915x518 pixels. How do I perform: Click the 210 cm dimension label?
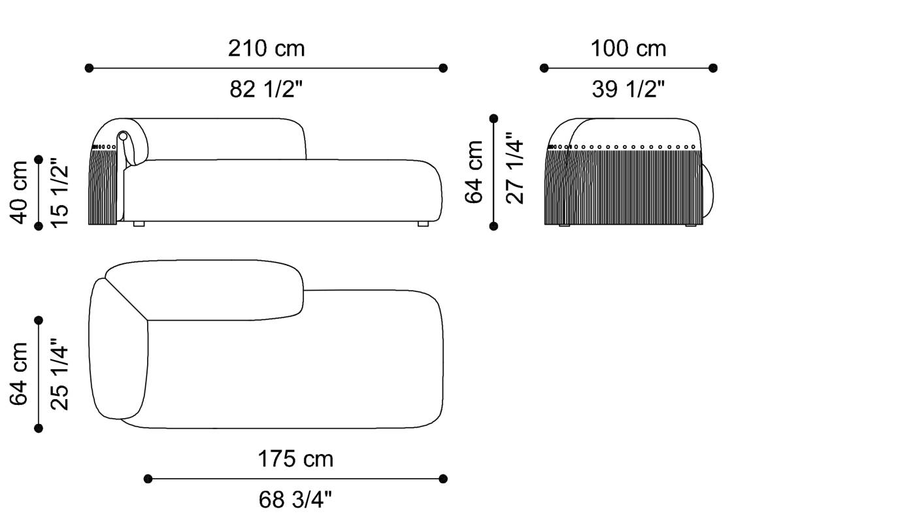266,48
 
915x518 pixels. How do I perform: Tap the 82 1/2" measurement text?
266,89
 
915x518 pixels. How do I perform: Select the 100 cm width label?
628,48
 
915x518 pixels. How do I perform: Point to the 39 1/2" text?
628,89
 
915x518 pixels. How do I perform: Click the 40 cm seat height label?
20,192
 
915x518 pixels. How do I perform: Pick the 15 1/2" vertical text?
59,192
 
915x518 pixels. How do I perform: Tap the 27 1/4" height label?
515,172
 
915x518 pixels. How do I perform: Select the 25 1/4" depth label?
59,374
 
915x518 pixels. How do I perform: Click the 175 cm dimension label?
295,459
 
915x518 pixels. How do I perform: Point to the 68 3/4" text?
295,500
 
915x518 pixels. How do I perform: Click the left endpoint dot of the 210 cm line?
89,68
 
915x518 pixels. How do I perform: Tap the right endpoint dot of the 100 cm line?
712,68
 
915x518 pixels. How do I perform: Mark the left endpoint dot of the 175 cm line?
148,479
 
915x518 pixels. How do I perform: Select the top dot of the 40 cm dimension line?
39,159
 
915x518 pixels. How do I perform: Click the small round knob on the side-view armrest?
122,136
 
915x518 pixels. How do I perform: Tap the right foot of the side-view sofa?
423,224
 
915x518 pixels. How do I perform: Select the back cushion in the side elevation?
222,138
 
